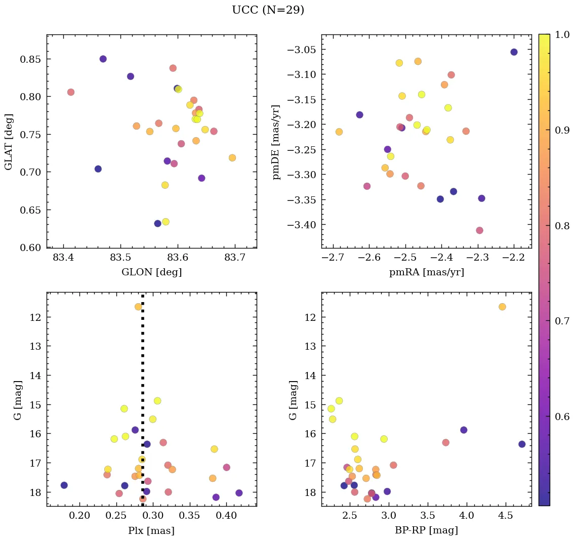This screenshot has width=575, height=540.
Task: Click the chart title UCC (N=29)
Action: (268, 10)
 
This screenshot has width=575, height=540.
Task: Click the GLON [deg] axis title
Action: (151, 272)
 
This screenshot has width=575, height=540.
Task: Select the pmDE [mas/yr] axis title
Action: (276, 142)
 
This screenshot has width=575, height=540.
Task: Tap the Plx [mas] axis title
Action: (151, 530)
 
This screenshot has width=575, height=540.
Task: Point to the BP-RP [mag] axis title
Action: (426, 530)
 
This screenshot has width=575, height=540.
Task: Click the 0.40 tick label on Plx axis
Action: (226, 516)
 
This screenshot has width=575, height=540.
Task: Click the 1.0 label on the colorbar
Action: (562, 34)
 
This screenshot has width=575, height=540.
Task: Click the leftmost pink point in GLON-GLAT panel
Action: (71, 92)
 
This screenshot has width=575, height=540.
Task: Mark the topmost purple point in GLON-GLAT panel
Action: (103, 59)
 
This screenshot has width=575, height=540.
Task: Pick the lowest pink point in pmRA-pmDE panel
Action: (479, 230)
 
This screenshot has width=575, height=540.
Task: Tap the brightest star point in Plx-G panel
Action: (138, 307)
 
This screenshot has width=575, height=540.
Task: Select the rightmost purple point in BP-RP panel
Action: (522, 444)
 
